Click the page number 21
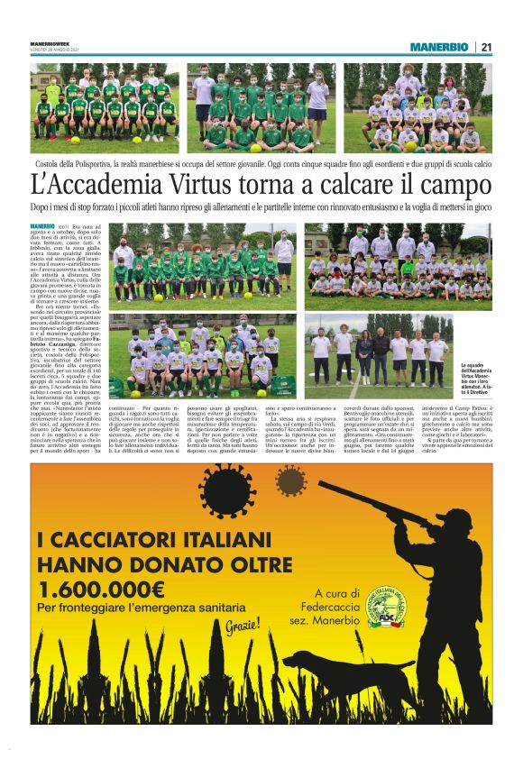click(x=486, y=47)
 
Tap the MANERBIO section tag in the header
click(x=439, y=47)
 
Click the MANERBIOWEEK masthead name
click(x=53, y=42)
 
